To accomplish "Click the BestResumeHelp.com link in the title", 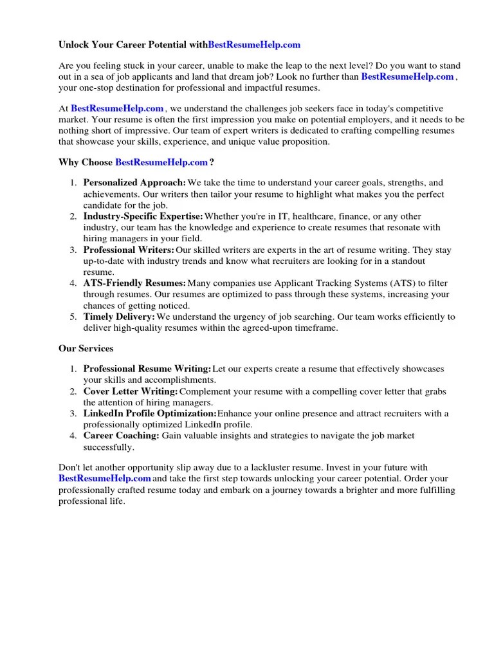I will coord(254,45).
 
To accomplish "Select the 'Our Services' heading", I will coord(86,348).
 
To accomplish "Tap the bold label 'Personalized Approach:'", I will coord(135,183).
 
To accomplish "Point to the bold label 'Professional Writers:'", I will coord(129,250).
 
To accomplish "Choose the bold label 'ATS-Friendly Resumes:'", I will coord(135,283).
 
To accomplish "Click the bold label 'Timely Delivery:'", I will coord(120,317).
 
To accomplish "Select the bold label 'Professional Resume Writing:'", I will coord(147,369).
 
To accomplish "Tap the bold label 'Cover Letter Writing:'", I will coord(131,391).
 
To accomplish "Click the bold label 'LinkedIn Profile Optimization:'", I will coord(150,413).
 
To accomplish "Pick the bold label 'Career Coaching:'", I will coord(122,436).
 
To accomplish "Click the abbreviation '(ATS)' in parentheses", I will coord(380,283).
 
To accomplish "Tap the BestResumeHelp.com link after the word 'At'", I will coord(117,108).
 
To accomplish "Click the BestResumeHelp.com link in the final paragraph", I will coord(105,479).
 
